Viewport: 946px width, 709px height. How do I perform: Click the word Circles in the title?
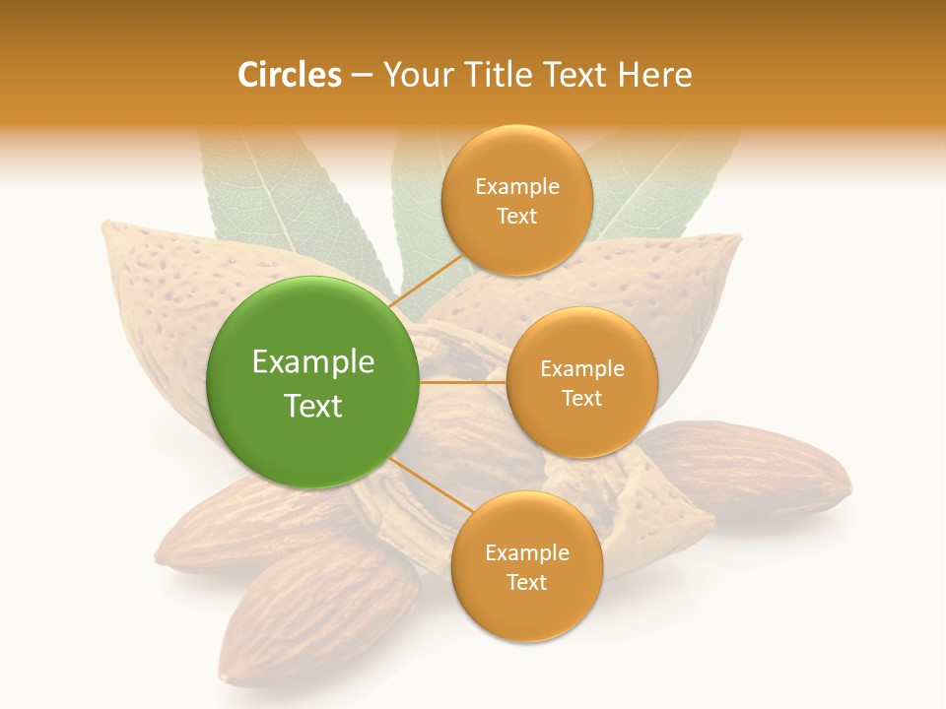(289, 75)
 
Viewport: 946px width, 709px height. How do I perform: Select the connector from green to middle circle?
(463, 382)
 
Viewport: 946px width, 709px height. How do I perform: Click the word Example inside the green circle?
(313, 362)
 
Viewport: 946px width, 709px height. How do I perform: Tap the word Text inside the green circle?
(313, 406)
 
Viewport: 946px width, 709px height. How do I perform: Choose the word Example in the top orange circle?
(517, 187)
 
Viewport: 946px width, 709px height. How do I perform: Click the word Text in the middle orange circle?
(582, 399)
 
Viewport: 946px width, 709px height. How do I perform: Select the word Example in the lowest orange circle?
(526, 553)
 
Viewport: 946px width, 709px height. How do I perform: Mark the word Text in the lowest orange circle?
(526, 583)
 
